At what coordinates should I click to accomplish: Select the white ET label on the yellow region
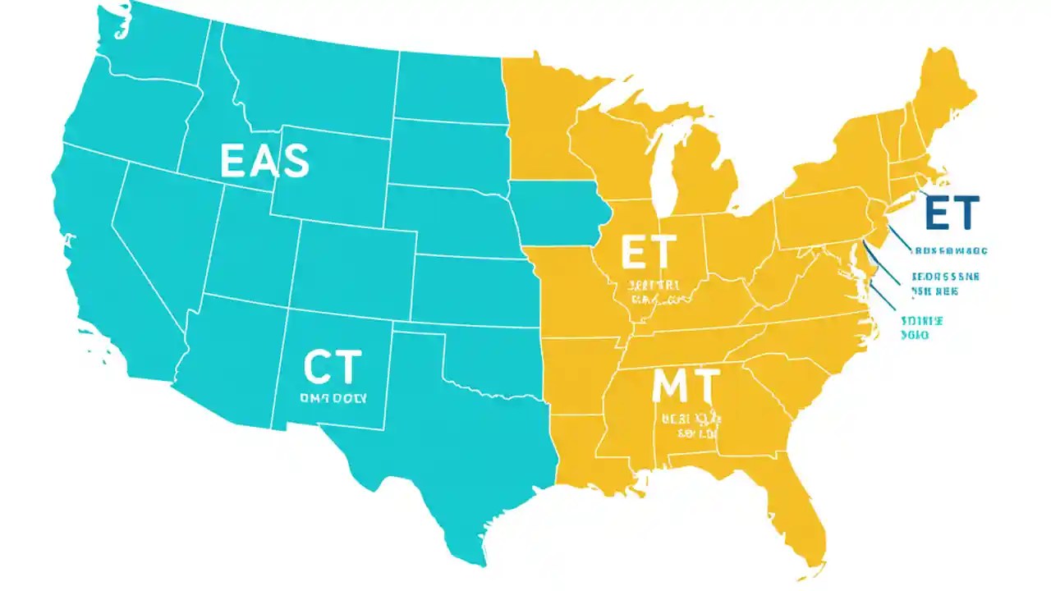649,252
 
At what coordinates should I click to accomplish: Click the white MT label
685,386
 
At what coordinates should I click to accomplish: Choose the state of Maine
944,90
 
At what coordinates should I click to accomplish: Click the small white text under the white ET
653,292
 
